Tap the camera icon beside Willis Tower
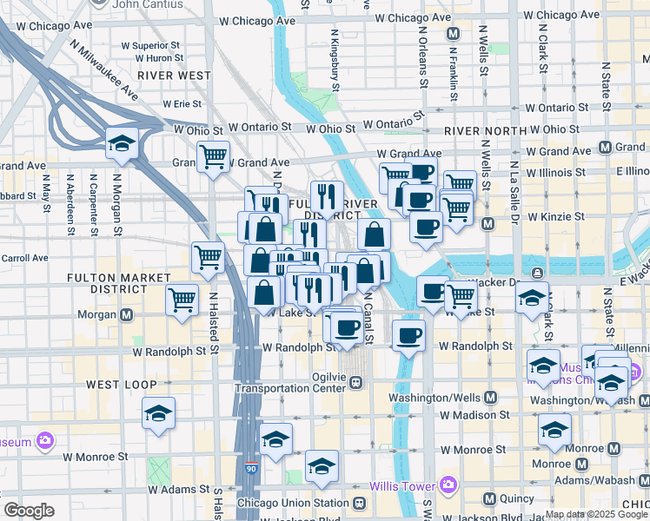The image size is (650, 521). click(x=448, y=484)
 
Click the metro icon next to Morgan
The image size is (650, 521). click(x=128, y=314)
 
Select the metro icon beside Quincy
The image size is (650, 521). click(x=489, y=499)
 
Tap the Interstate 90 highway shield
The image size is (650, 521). click(x=251, y=467)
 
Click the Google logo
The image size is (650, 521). click(x=29, y=510)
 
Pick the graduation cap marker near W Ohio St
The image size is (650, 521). click(x=122, y=143)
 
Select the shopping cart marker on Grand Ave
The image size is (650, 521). click(x=213, y=157)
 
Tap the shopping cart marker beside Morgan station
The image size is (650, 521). click(x=182, y=300)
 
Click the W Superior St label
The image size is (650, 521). click(x=150, y=44)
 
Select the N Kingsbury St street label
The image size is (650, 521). click(x=335, y=60)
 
